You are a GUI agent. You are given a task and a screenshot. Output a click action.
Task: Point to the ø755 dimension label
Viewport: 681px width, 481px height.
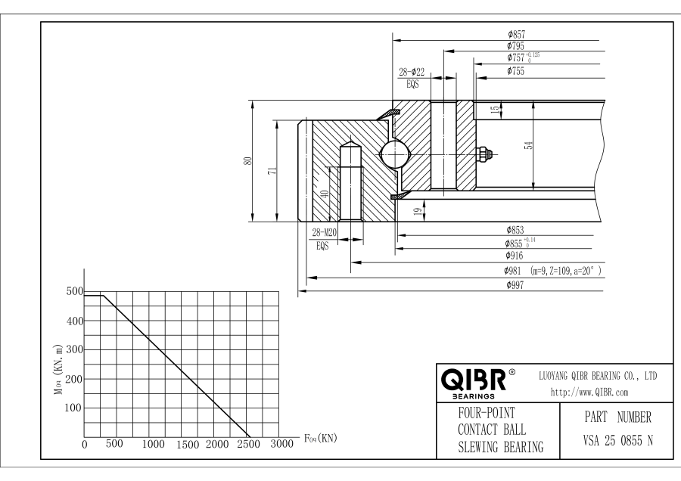pyautogui.click(x=518, y=71)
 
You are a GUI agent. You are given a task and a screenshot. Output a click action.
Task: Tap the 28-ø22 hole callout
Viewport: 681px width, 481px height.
pyautogui.click(x=412, y=73)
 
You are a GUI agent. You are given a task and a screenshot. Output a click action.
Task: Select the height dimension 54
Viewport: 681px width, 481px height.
pyautogui.click(x=529, y=146)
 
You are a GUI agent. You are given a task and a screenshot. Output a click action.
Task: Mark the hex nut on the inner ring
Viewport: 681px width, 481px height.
pyautogui.click(x=486, y=154)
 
